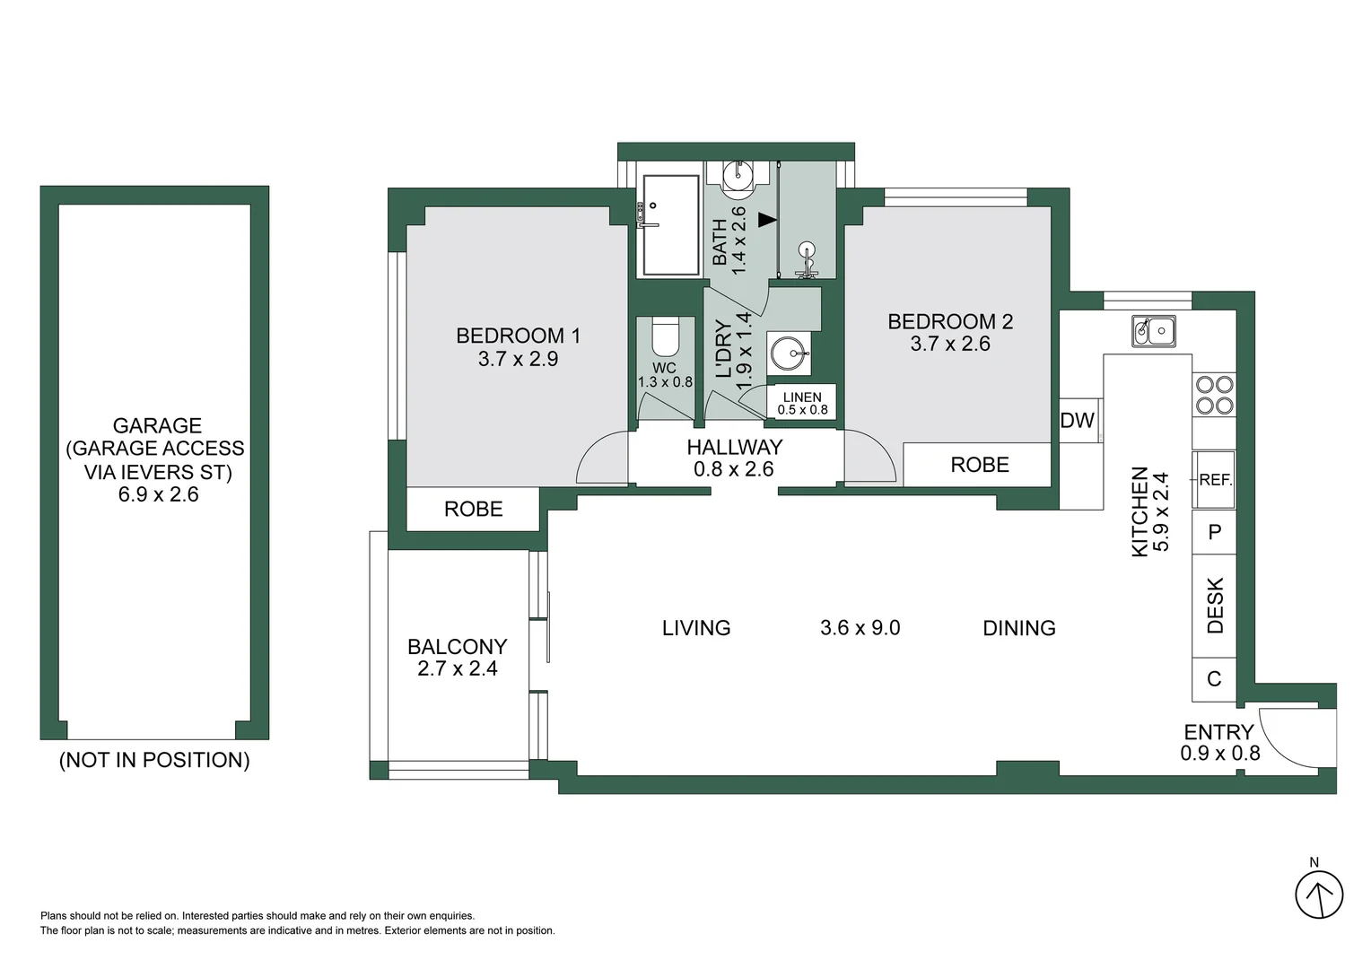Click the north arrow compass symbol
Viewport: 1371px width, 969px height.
[1318, 895]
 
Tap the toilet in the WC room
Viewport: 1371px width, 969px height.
[665, 338]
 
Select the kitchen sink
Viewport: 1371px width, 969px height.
[1153, 331]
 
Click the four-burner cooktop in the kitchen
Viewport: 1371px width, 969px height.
[1214, 396]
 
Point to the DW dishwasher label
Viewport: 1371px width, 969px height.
[1077, 421]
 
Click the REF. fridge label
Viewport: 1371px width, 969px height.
[1215, 480]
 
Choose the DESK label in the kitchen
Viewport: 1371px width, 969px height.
[1215, 606]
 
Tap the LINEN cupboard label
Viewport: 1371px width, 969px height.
[802, 397]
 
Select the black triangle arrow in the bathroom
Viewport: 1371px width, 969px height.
[765, 219]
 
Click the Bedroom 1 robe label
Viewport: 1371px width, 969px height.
[473, 510]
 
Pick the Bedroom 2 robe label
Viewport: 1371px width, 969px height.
[980, 465]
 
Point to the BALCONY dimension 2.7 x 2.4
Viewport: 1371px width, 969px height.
[457, 668]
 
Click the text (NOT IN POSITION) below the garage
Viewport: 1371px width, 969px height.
[154, 760]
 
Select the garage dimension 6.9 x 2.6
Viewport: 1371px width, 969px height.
[158, 494]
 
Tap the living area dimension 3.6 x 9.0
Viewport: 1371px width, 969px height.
[860, 628]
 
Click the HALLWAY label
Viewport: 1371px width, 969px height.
[734, 447]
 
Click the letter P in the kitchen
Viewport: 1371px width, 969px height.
[1214, 532]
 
